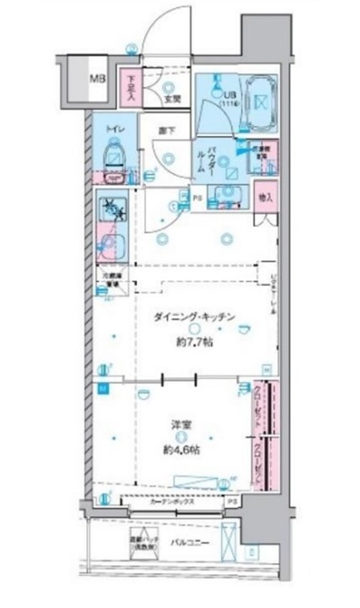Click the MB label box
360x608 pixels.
click(x=95, y=79)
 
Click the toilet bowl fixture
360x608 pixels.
click(x=113, y=155)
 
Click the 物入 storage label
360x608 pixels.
click(x=264, y=197)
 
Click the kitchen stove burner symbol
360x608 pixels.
click(x=112, y=208)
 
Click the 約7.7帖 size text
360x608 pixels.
click(x=193, y=343)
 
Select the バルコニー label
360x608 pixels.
click(x=190, y=543)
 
